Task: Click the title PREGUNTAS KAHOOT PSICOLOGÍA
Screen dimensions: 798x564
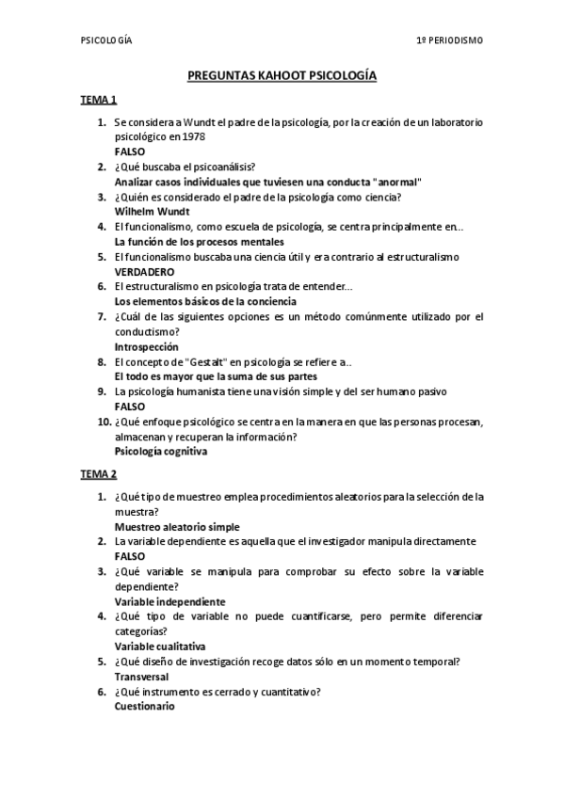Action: (x=282, y=75)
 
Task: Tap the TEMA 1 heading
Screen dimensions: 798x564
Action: (x=97, y=100)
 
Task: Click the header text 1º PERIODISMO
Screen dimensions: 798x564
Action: (x=450, y=40)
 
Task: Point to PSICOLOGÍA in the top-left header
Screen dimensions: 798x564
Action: (x=106, y=40)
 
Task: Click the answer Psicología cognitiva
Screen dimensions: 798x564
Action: (x=161, y=451)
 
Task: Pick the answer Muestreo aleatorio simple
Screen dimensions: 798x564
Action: (x=177, y=527)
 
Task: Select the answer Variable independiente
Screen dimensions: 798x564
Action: (x=169, y=601)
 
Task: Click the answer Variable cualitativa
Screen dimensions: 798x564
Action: (x=160, y=646)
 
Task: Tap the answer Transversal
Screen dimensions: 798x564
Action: (x=142, y=677)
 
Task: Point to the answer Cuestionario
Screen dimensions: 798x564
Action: (x=144, y=707)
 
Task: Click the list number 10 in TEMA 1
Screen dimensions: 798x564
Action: (x=104, y=422)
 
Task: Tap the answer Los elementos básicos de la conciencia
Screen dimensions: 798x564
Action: (x=205, y=301)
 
